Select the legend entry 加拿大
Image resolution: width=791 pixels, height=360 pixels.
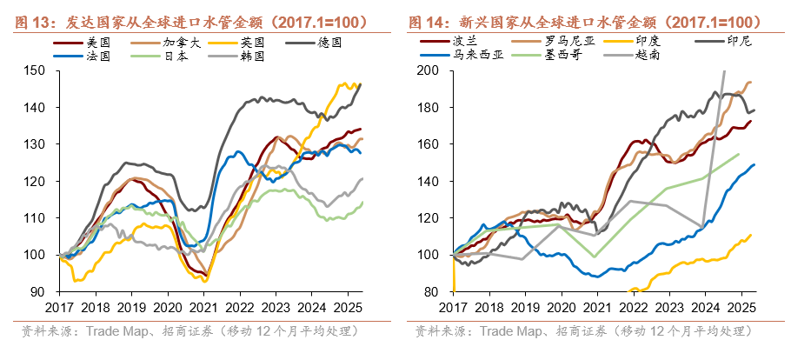pos(179,42)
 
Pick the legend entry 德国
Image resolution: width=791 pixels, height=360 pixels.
pos(331,42)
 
